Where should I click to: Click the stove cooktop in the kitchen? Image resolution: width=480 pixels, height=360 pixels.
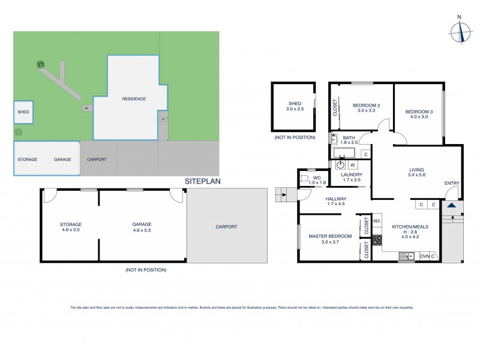click(378, 241)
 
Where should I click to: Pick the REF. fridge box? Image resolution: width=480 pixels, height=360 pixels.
click(377, 221)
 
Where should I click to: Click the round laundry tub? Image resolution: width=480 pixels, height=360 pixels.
click(340, 164)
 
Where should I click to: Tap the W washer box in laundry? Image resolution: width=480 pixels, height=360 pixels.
click(353, 164)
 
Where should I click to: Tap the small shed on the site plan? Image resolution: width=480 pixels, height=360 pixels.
click(23, 112)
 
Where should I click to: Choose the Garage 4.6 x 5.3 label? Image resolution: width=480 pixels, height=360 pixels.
click(142, 226)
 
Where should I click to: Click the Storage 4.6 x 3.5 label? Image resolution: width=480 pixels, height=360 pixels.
click(70, 226)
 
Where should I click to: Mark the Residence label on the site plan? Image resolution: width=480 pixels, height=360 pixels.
click(134, 99)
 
